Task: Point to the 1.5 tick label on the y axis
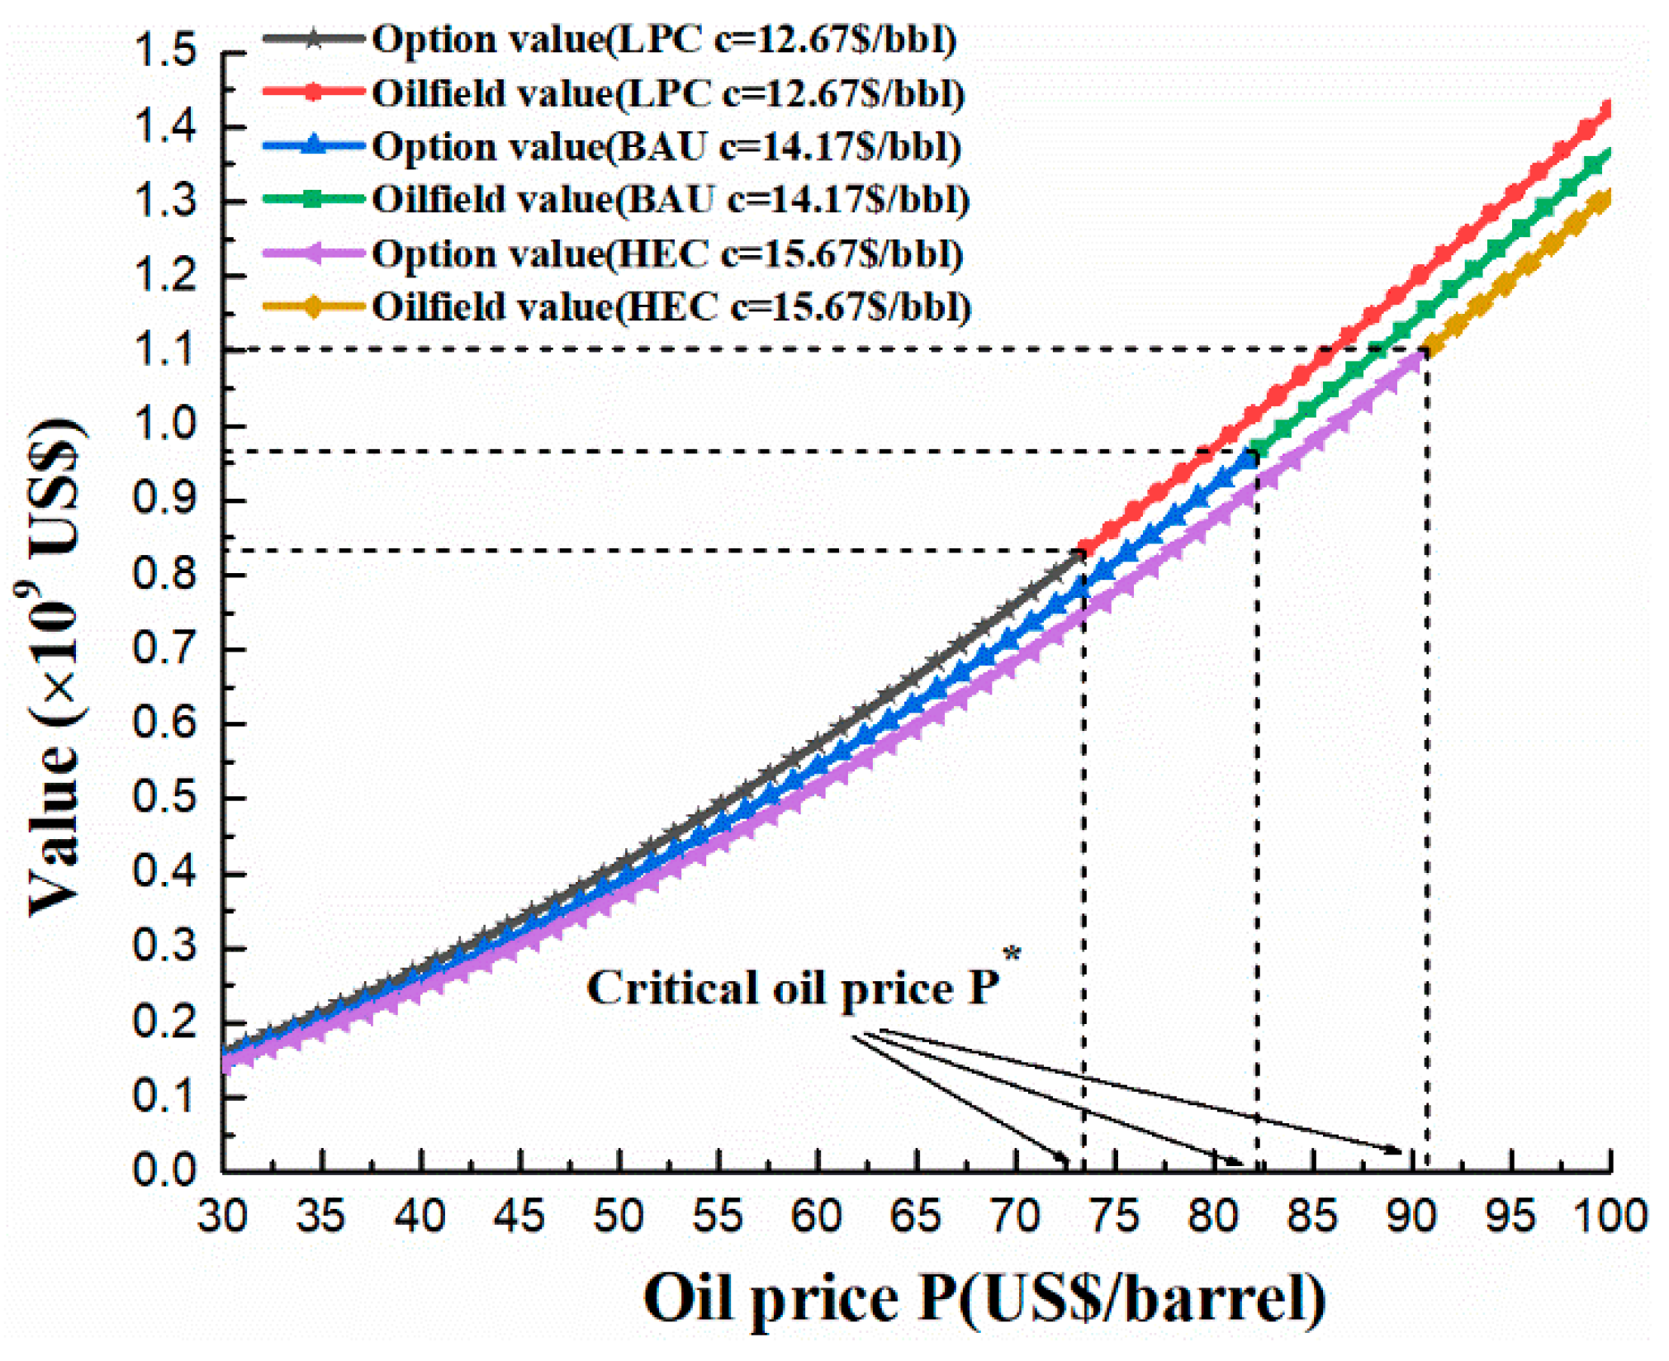[165, 51]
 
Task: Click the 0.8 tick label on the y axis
[165, 573]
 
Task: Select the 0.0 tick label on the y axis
[165, 1170]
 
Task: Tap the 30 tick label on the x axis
[222, 1216]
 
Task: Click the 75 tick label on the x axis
[1115, 1216]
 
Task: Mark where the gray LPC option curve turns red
[1083, 551]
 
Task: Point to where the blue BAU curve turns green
[1256, 453]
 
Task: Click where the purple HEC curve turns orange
[1426, 351]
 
